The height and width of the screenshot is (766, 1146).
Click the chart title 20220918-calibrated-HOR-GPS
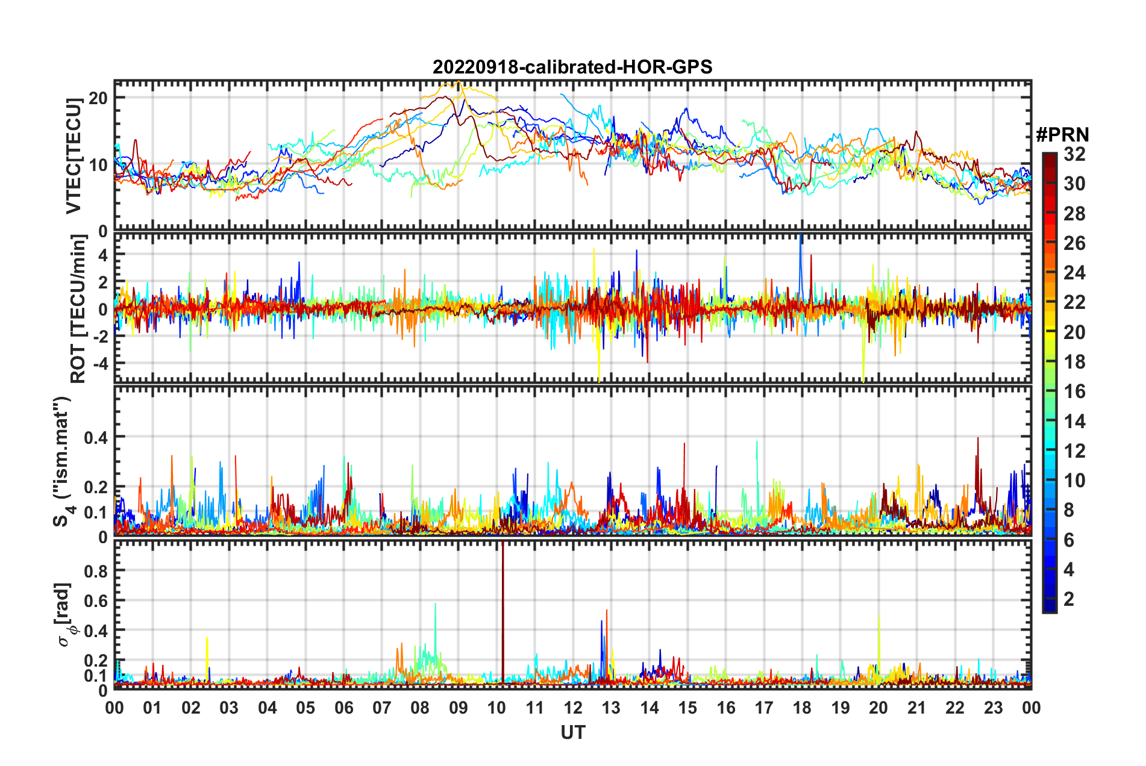[x=572, y=67]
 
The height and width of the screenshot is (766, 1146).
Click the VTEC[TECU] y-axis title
[x=74, y=156]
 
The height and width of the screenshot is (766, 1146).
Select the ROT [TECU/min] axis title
[x=78, y=309]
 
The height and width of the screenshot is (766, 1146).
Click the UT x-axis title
[x=572, y=732]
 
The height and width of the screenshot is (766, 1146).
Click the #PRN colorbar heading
[x=1062, y=135]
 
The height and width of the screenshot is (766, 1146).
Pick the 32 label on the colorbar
[x=1074, y=154]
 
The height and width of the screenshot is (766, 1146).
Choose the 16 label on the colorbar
[x=1074, y=391]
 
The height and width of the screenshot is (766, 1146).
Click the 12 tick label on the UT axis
[x=573, y=708]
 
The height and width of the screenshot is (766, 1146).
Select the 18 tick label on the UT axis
[x=802, y=708]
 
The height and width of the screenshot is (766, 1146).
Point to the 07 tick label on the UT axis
[x=382, y=708]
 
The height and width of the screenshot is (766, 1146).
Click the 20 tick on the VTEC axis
[x=98, y=98]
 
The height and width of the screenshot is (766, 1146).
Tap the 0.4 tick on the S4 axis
[x=96, y=437]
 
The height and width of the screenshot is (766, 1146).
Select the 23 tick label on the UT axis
[x=993, y=708]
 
